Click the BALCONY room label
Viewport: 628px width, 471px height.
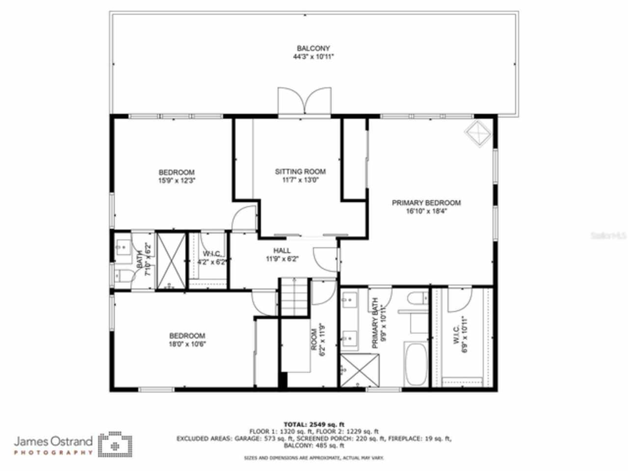313,48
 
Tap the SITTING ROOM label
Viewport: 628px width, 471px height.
300,171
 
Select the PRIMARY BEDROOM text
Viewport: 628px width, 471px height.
426,203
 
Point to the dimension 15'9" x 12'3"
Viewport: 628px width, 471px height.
177,180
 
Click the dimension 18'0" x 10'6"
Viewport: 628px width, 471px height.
187,343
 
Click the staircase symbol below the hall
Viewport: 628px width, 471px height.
293,297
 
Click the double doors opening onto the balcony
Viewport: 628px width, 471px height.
305,101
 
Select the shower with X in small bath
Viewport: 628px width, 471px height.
171,261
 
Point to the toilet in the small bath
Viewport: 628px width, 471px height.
121,276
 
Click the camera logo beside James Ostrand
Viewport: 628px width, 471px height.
115,444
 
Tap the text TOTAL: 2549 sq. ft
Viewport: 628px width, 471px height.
314,424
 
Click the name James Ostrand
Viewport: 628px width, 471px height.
53,441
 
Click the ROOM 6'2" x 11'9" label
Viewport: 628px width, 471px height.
318,339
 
